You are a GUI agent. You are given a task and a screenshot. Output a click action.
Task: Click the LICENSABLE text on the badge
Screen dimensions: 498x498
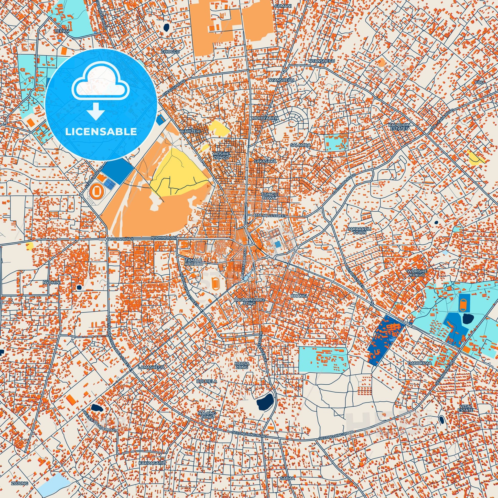101,132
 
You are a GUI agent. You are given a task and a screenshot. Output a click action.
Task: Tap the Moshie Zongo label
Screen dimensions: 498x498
219,155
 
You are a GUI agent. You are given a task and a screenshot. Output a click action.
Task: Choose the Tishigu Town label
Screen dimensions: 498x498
269,196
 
